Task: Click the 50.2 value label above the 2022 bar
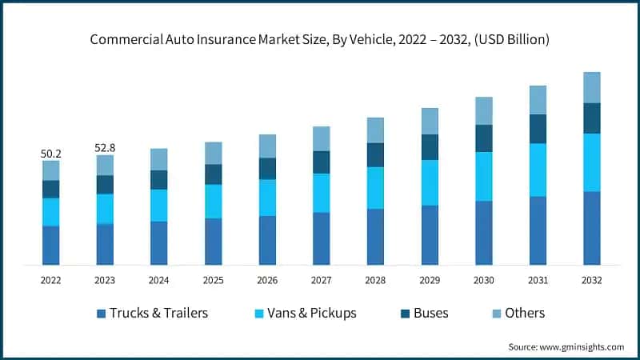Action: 50,153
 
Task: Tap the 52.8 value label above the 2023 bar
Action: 105,147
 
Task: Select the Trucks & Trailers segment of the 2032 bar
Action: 591,228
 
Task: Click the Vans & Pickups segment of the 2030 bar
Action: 483,176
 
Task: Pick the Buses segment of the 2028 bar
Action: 375,154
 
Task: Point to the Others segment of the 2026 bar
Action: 267,146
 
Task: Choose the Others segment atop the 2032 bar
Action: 591,87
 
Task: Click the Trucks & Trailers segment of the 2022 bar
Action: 50,245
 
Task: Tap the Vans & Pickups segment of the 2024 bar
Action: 158,205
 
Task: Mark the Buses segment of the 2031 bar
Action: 538,129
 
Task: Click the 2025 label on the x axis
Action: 213,281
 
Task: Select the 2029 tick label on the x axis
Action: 430,281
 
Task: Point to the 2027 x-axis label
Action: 321,281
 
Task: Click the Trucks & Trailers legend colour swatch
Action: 101,313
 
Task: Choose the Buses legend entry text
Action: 430,313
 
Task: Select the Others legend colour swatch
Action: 496,313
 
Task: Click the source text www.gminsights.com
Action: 581,346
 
